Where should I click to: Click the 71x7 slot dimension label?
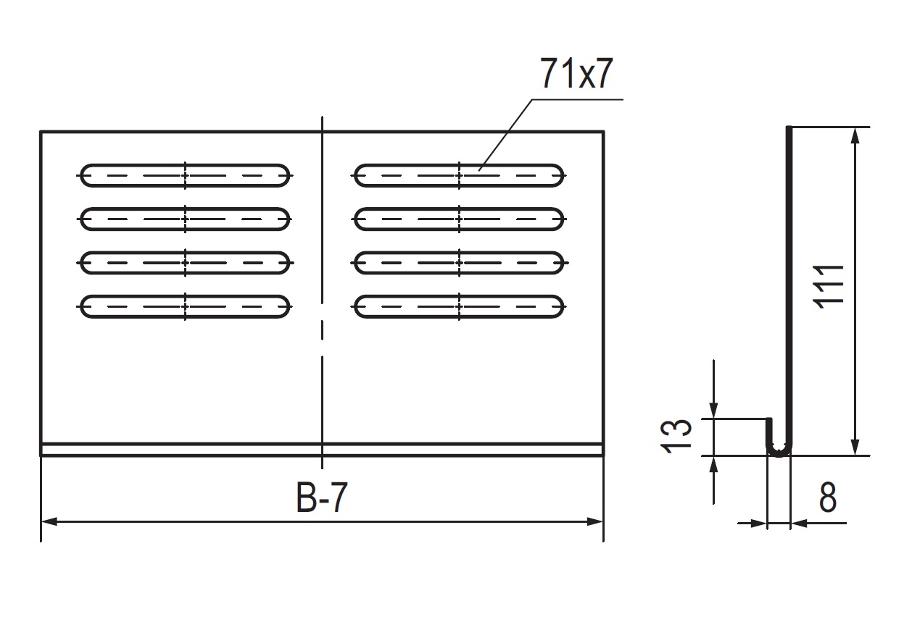point(576,75)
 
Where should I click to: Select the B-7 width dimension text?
point(320,499)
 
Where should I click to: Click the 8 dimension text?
point(828,499)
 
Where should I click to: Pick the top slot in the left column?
point(185,175)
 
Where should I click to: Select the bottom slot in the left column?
point(185,307)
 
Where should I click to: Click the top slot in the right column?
point(459,175)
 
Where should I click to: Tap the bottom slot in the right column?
point(459,307)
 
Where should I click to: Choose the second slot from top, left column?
point(185,219)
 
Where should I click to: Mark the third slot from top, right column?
point(459,263)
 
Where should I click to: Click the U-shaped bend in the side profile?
point(779,450)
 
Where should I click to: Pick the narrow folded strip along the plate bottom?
point(321,449)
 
